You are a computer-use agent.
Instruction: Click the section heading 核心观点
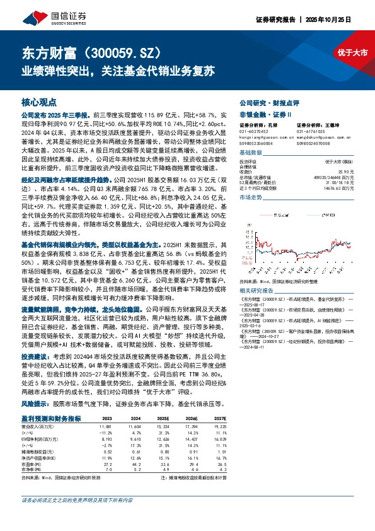coord(39,102)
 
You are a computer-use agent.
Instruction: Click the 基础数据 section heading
coord(251,153)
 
